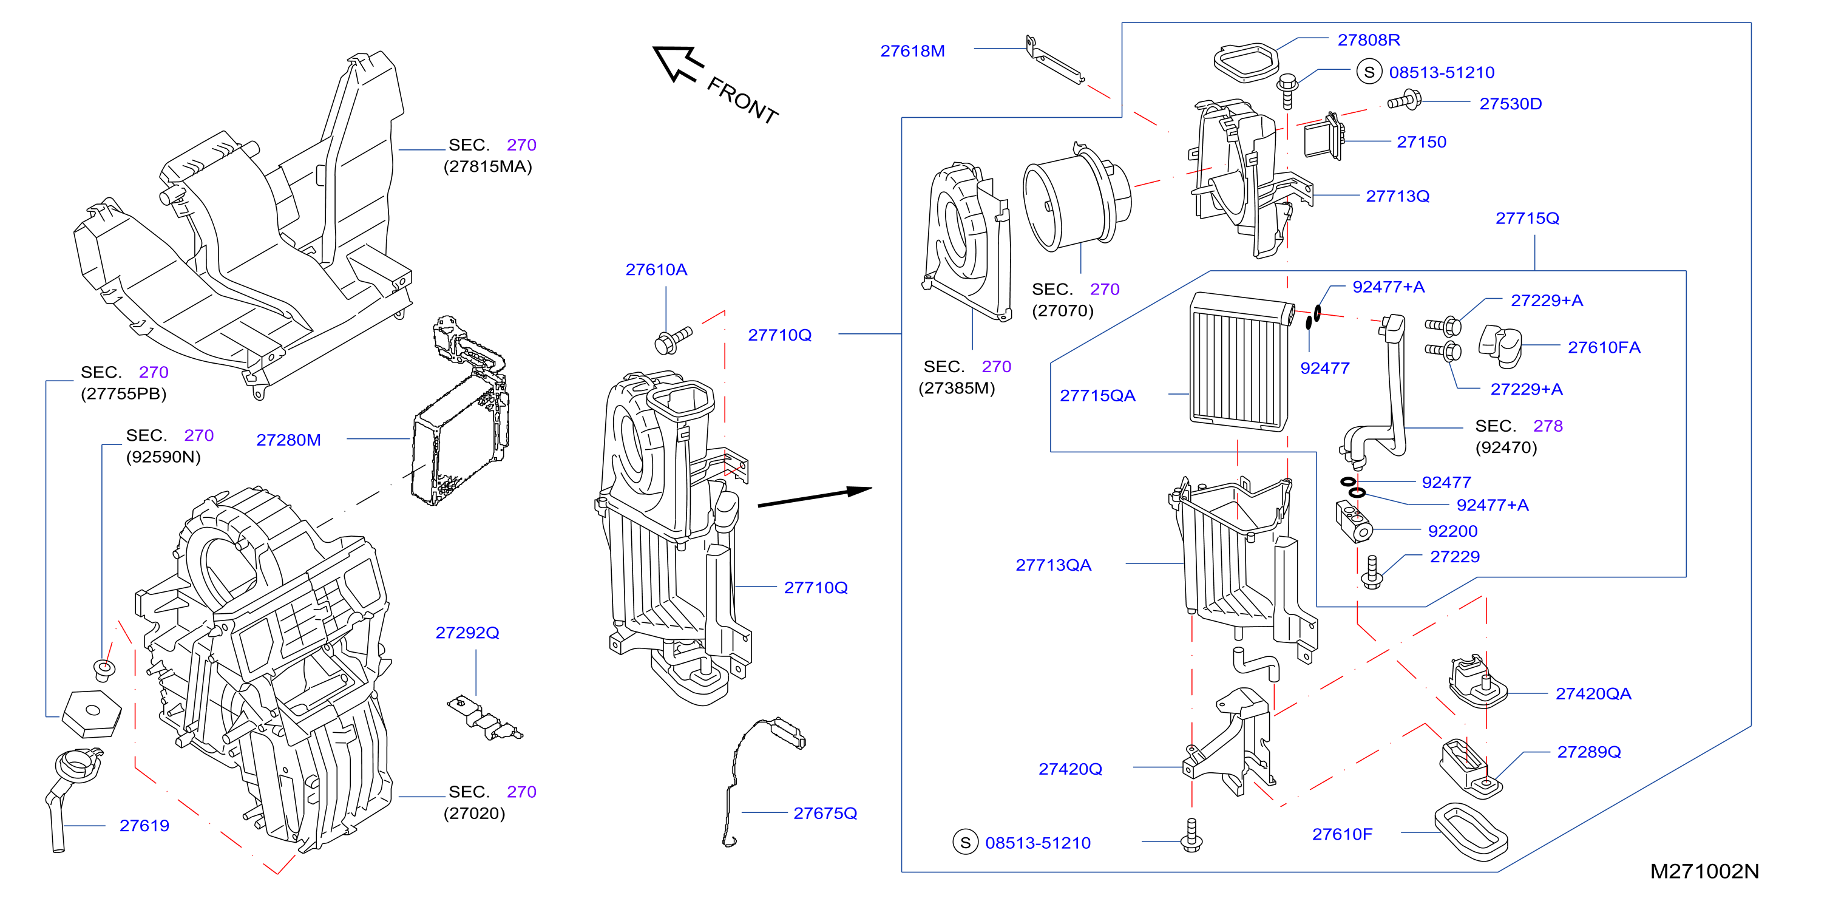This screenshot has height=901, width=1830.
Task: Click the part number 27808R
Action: coord(1368,40)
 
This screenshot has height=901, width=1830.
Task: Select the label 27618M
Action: coord(912,51)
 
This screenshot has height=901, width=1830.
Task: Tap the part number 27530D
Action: coord(1510,104)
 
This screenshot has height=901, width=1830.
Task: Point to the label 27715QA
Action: coord(1097,396)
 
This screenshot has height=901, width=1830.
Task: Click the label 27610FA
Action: coord(1604,347)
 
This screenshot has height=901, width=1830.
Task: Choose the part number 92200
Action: coord(1452,531)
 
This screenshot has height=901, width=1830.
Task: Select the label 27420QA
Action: coord(1593,694)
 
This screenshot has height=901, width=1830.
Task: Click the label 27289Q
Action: coord(1588,752)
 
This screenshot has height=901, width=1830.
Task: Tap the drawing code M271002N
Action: coord(1704,872)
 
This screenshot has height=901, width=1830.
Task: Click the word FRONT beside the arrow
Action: coord(742,100)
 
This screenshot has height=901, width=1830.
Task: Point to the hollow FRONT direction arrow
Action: coord(679,63)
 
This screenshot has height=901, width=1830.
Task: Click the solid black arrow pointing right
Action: coord(815,497)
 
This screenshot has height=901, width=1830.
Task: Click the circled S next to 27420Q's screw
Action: coord(964,843)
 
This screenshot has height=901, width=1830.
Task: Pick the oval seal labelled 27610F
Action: coord(1471,833)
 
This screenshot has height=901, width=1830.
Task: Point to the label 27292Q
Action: coord(467,633)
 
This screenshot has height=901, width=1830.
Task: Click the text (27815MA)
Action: coord(487,167)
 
